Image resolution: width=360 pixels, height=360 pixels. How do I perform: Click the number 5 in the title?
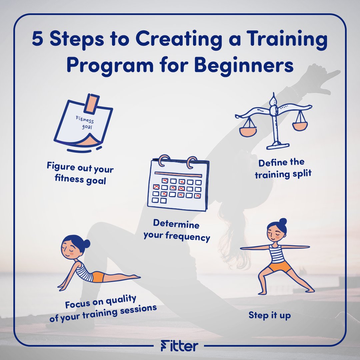coord(37,38)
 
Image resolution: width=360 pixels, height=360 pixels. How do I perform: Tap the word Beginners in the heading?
coord(244,65)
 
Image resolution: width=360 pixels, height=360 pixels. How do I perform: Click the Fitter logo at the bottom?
coord(180,345)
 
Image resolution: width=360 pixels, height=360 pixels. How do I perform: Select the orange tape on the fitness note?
coord(91,104)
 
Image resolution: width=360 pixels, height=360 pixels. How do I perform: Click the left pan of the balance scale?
coord(248,132)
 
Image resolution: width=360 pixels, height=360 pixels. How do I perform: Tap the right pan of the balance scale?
coord(300,126)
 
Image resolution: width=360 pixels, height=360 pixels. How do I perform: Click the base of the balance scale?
coord(278,146)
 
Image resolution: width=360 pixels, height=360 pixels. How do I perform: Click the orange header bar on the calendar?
coord(178,174)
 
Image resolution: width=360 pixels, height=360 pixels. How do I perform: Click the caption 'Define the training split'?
coord(283,169)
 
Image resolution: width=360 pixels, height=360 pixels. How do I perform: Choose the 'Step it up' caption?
coord(270,315)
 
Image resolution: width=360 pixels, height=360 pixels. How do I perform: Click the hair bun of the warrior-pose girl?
coord(283,222)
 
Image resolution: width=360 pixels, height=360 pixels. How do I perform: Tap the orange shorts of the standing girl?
coord(279,266)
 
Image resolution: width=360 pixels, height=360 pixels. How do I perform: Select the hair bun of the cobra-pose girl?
coord(87,244)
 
